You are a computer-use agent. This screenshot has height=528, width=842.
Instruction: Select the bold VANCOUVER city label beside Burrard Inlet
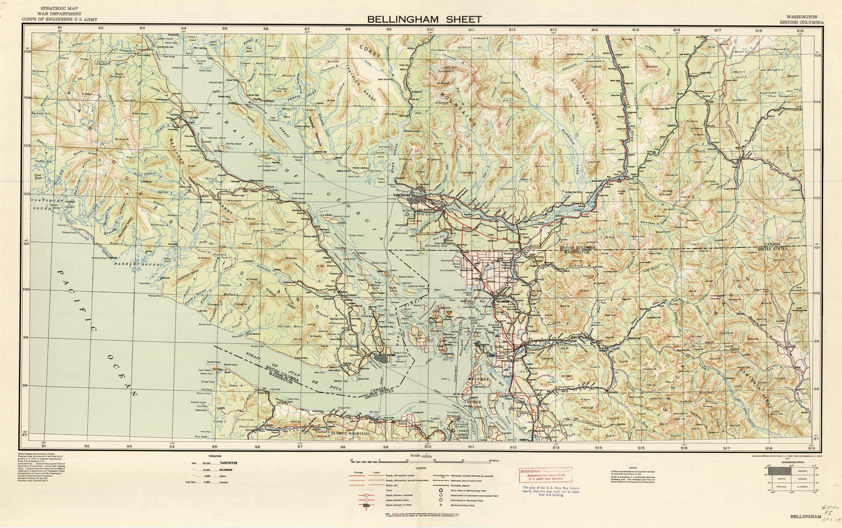pyautogui.click(x=402, y=195)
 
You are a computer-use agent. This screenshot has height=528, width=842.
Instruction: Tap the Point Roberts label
pyautogui.click(x=412, y=255)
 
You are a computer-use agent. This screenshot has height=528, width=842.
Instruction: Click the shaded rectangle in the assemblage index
pyautogui.click(x=782, y=471)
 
